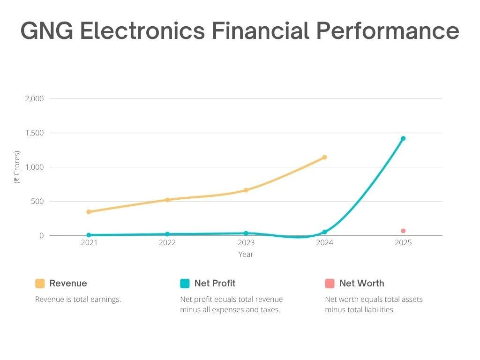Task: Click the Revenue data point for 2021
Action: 89,212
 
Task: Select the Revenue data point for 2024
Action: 324,157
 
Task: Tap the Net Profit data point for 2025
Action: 403,138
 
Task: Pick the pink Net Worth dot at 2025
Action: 403,231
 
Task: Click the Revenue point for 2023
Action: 246,190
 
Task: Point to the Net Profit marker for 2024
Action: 324,232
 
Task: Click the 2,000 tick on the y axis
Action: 34,99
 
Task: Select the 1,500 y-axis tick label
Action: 34,133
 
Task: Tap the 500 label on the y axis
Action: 37,202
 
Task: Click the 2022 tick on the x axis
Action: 167,243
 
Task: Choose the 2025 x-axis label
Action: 403,243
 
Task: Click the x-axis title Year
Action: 246,254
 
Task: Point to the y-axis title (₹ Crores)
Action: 17,167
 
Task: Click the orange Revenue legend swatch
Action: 40,284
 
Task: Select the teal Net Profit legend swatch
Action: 185,284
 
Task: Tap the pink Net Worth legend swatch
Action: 330,284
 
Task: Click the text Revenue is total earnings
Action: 78,299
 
